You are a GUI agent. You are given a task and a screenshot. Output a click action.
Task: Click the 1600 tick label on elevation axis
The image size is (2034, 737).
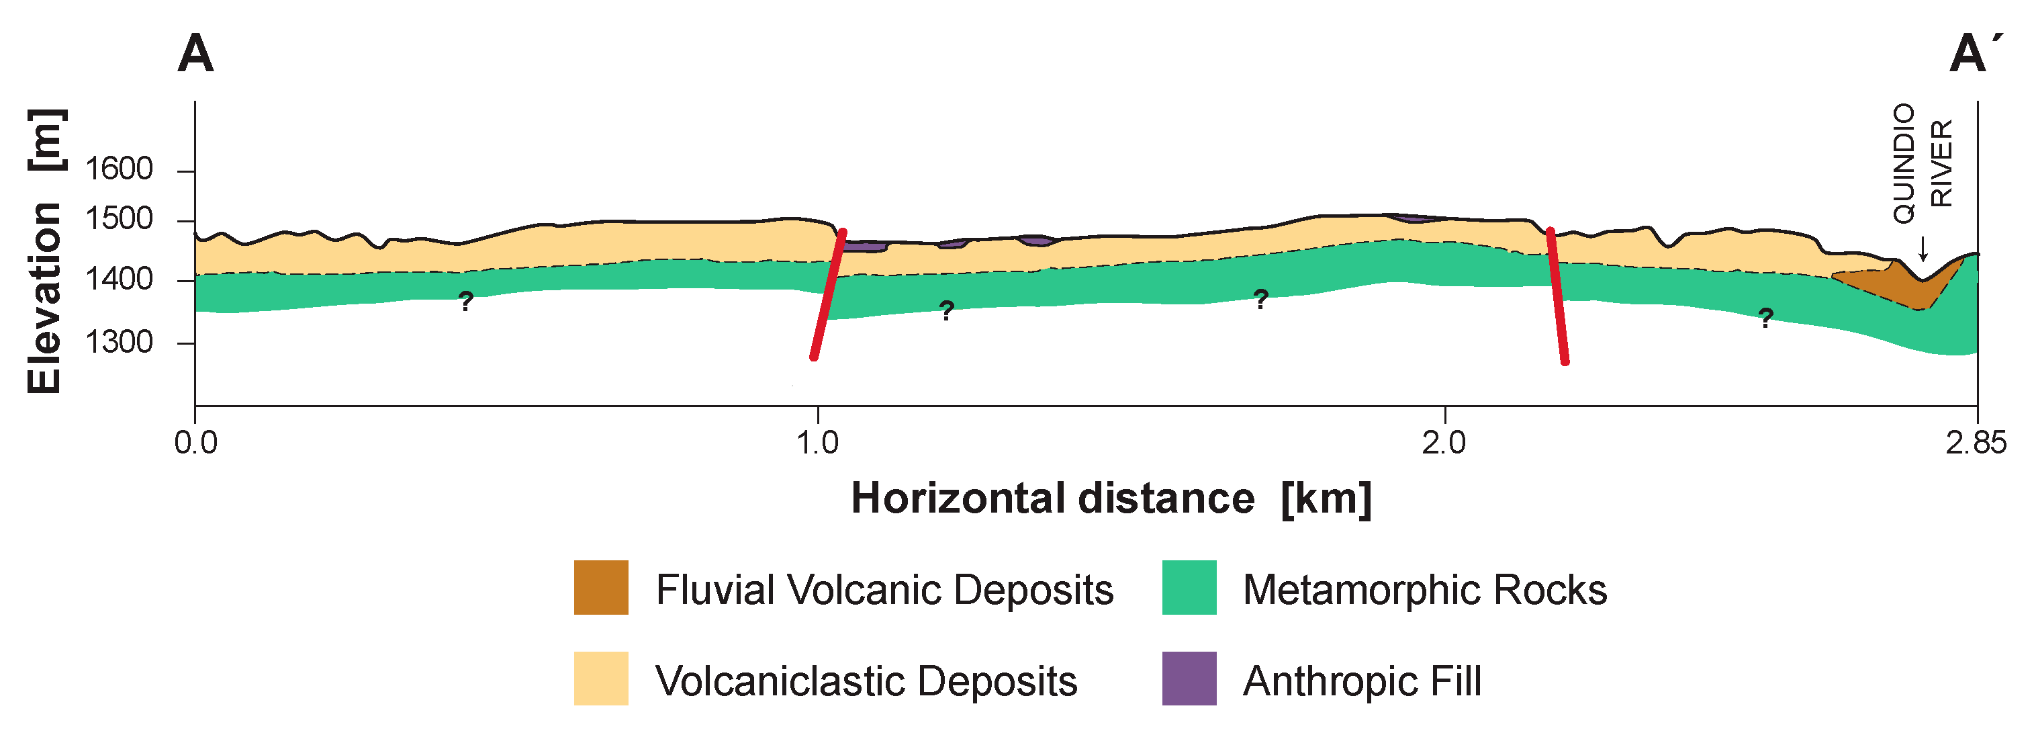(118, 169)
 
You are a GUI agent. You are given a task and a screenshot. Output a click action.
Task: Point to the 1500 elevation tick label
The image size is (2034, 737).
(118, 219)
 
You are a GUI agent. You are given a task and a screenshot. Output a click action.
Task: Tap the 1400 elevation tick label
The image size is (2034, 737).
(118, 279)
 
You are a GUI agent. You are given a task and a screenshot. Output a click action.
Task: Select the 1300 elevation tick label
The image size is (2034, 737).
(118, 342)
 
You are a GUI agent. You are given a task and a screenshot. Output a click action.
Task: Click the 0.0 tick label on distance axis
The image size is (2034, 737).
(196, 442)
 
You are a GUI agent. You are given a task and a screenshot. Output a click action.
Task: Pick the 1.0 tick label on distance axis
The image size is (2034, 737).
(817, 442)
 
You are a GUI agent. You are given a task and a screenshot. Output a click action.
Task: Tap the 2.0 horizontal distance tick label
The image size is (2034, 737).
(1444, 442)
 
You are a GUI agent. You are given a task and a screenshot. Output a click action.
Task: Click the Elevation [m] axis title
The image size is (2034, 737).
(45, 251)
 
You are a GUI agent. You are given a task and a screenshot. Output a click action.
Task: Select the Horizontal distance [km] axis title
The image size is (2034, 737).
(1111, 498)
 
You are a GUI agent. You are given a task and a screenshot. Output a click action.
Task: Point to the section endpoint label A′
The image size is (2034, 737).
(1976, 54)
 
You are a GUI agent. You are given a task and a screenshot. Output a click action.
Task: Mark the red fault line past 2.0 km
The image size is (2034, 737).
(1558, 296)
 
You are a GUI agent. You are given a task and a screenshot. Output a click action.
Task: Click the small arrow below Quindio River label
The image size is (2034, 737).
(1923, 248)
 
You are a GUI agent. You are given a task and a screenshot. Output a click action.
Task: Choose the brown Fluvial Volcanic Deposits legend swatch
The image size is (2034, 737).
(601, 588)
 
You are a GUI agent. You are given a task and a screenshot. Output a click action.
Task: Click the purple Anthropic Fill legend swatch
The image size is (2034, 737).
(1189, 679)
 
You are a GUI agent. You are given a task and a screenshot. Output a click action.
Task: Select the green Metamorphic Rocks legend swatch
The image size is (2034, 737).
(1189, 588)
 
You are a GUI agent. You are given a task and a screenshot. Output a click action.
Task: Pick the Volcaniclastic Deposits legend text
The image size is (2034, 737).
(866, 681)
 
